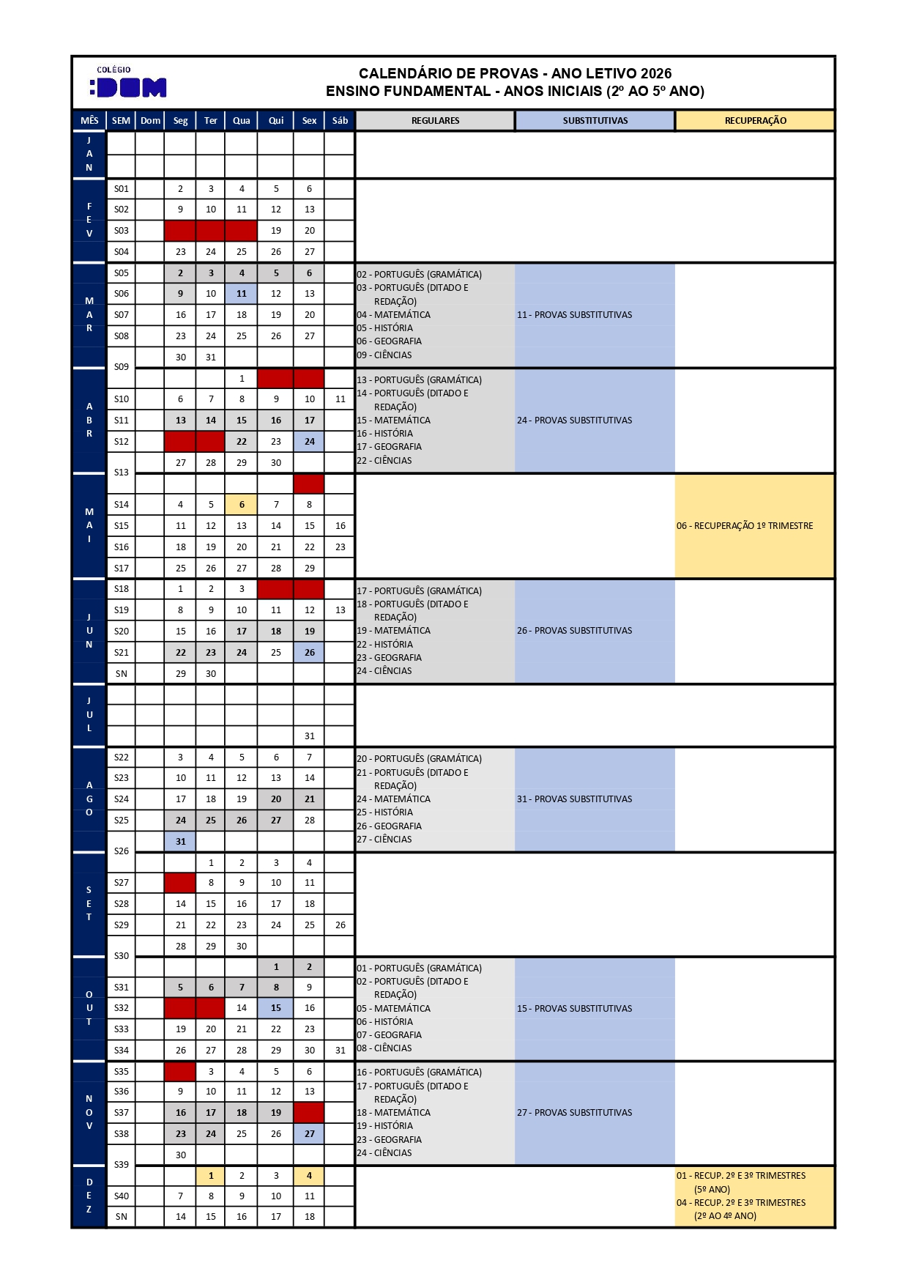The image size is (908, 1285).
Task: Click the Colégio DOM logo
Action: point(130,83)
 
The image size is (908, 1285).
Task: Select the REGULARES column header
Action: point(435,121)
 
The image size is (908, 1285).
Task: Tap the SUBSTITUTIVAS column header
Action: point(595,121)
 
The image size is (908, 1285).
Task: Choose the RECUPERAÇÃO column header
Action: point(755,121)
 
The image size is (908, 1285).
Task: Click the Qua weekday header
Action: point(241,121)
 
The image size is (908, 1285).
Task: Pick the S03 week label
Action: point(122,231)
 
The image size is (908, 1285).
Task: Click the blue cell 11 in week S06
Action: point(241,294)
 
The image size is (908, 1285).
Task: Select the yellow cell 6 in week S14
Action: point(241,505)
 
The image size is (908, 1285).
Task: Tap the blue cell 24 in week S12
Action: point(309,442)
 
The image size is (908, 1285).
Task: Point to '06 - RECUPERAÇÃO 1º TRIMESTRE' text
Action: point(744,526)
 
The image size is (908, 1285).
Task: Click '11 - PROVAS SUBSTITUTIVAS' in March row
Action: point(574,315)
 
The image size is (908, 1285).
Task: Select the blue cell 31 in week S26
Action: point(180,842)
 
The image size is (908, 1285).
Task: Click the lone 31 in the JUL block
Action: point(309,736)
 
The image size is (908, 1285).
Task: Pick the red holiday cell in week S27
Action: point(180,883)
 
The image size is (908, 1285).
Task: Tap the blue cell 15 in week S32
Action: point(275,1008)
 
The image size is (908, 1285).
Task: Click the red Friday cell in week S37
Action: point(309,1113)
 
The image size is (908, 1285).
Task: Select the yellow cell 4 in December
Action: point(309,1176)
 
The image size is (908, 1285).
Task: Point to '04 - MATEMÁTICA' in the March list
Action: point(394,315)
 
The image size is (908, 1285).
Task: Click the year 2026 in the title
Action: point(655,73)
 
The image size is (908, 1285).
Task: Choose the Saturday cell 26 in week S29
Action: point(340,925)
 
